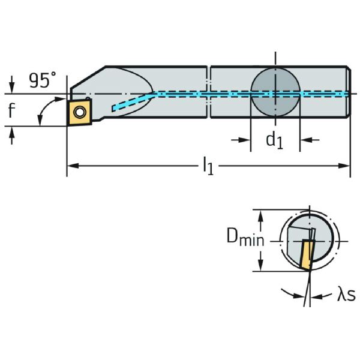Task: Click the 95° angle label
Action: tap(42, 80)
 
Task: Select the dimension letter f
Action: tap(11, 110)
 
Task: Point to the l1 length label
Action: tap(207, 166)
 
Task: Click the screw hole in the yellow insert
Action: tap(79, 110)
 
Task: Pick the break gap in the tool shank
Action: tap(208, 90)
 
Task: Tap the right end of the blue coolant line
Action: tap(346, 94)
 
